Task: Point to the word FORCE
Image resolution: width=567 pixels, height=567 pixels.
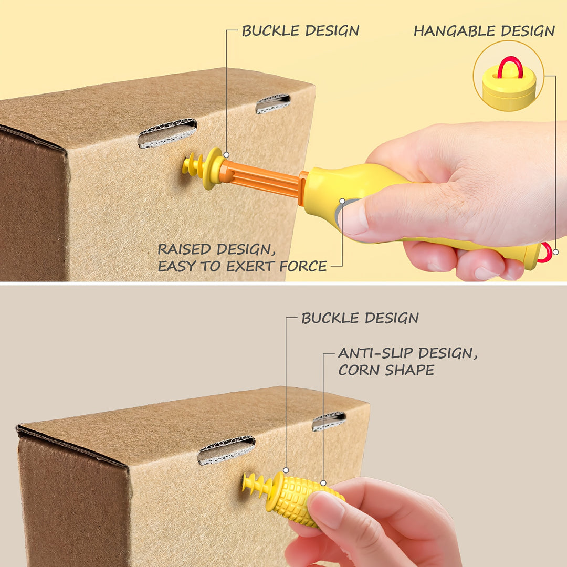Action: pyautogui.click(x=303, y=267)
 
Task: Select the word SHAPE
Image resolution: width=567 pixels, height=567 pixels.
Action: pyautogui.click(x=409, y=370)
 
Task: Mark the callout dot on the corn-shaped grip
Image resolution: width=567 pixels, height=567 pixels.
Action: pyautogui.click(x=323, y=483)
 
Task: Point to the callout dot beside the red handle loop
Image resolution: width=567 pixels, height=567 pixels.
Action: pyautogui.click(x=556, y=252)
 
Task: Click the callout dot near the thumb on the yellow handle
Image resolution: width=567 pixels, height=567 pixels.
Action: pyautogui.click(x=342, y=201)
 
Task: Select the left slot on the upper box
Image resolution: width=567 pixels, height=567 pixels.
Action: pyautogui.click(x=167, y=133)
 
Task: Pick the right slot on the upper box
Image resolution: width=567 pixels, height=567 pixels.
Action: pyautogui.click(x=273, y=104)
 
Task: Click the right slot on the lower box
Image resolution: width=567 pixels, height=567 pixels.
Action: pyautogui.click(x=329, y=421)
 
